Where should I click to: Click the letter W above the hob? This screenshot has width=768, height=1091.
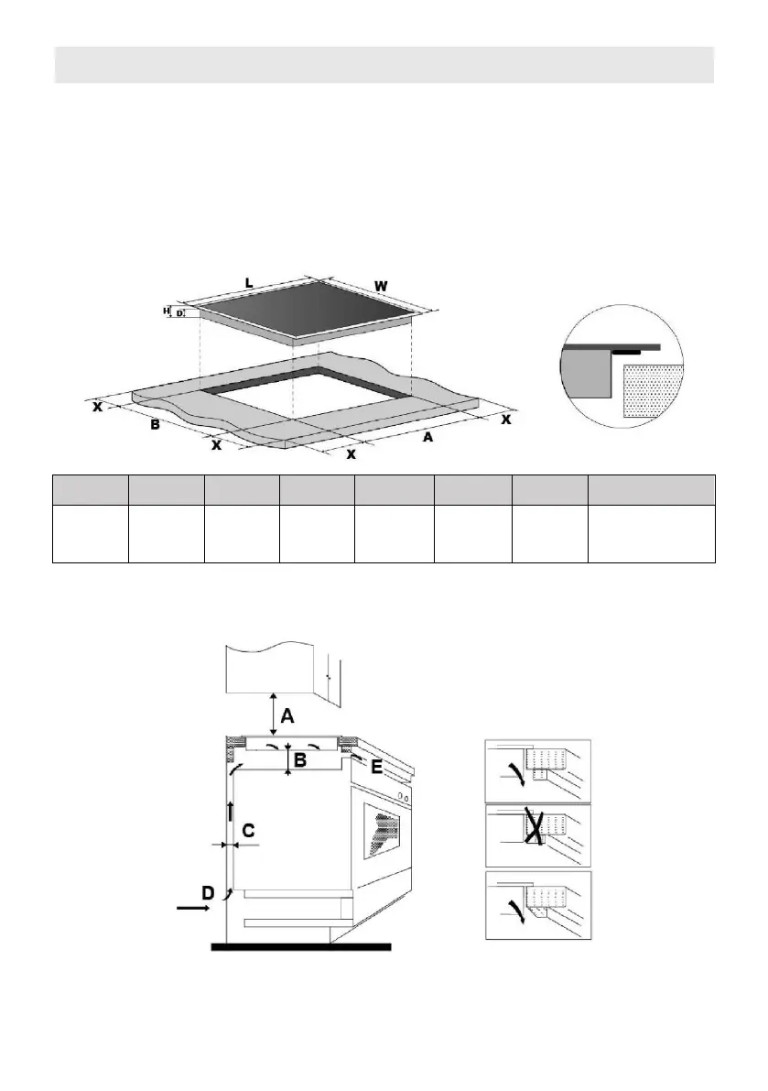coord(381,288)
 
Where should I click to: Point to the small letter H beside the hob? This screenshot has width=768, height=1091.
coord(167,311)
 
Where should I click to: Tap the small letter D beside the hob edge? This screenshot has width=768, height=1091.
coord(179,314)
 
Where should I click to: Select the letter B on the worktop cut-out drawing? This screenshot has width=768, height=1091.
coord(156,426)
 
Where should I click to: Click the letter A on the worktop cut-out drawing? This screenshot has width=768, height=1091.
coord(427,438)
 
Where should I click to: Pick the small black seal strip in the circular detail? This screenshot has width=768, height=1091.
coord(626,351)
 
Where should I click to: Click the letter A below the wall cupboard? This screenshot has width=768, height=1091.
coord(287,716)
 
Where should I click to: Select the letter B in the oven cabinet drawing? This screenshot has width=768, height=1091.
coord(299,759)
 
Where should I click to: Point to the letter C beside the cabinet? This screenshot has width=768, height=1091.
coord(248,831)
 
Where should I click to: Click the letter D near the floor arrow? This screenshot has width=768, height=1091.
coord(209,890)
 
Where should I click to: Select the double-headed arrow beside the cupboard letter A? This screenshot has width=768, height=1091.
coord(272,713)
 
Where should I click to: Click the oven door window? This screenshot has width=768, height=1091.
coord(383,829)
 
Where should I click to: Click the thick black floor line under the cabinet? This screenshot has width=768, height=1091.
coord(301,946)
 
